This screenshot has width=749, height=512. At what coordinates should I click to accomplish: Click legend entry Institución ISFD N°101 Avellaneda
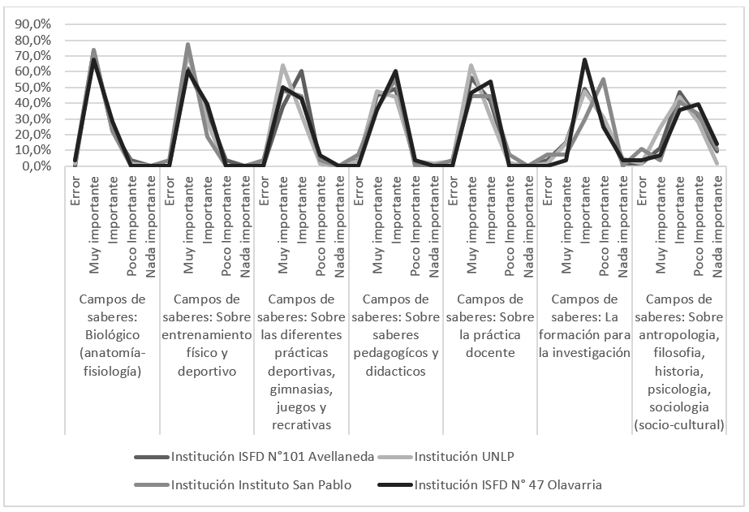pos(272,456)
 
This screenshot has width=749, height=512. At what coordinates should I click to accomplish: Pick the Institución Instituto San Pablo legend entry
pos(260,485)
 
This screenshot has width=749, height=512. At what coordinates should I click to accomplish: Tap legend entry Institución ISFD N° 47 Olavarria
pos(507,485)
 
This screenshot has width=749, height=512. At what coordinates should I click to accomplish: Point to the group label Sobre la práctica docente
pos(490,325)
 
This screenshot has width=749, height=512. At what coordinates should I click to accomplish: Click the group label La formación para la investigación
pos(584,325)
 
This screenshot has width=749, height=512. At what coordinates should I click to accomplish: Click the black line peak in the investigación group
pos(584,60)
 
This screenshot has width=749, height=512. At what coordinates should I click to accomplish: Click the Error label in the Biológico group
pos(75,184)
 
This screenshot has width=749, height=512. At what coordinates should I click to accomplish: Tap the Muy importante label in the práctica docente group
pos(471,213)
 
